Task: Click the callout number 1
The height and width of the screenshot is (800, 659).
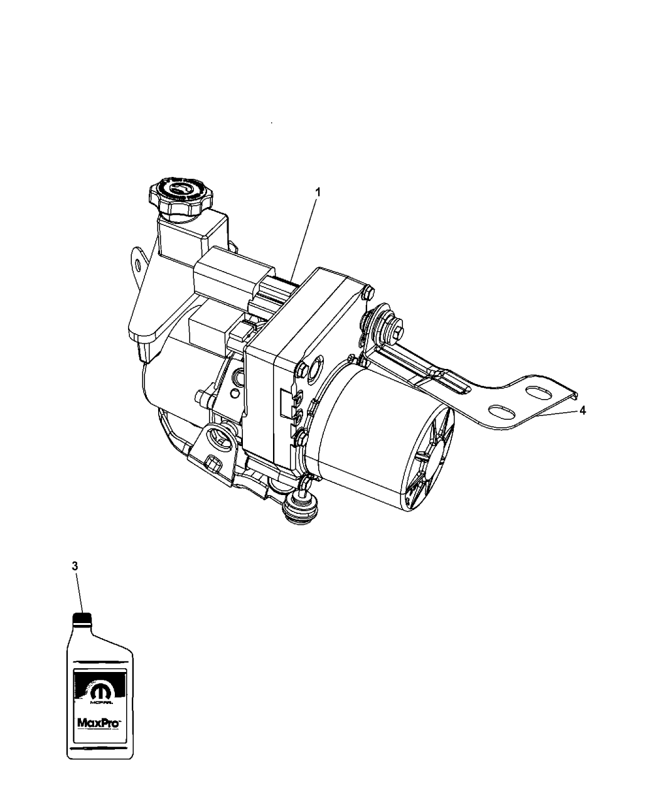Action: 318,193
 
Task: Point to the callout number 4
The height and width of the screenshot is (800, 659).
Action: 584,410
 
